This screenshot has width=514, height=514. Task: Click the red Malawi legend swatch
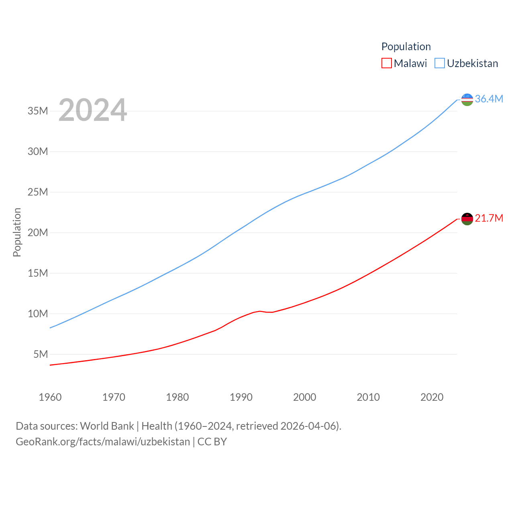[386, 63]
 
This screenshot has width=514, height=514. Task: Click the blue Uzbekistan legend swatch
[440, 63]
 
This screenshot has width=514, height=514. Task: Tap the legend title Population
[406, 47]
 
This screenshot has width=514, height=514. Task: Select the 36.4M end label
[489, 99]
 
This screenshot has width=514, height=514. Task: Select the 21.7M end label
[489, 218]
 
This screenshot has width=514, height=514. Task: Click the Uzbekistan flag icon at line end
[467, 99]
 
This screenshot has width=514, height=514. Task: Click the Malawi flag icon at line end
[467, 219]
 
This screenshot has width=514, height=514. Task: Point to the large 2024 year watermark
[93, 110]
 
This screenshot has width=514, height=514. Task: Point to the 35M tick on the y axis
[38, 111]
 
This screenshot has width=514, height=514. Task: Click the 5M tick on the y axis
[41, 354]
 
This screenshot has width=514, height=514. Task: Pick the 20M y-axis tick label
[38, 233]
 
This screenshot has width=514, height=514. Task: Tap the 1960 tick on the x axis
[50, 397]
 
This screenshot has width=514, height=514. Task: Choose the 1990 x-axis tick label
[241, 397]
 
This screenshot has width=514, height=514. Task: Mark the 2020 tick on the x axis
[432, 397]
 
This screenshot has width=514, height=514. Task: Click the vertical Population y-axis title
[17, 232]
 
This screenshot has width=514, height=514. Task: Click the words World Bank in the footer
[107, 426]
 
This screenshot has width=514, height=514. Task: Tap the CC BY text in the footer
[212, 442]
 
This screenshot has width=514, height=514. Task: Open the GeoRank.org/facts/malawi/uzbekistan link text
[103, 442]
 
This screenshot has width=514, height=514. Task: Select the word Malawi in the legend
[410, 63]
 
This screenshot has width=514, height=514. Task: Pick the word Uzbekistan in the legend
[472, 63]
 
